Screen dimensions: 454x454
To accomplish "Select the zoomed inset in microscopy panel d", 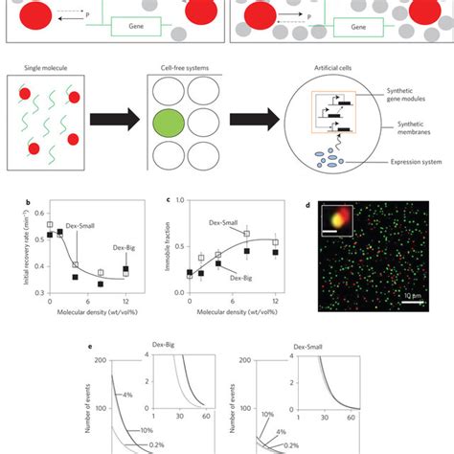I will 343,219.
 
